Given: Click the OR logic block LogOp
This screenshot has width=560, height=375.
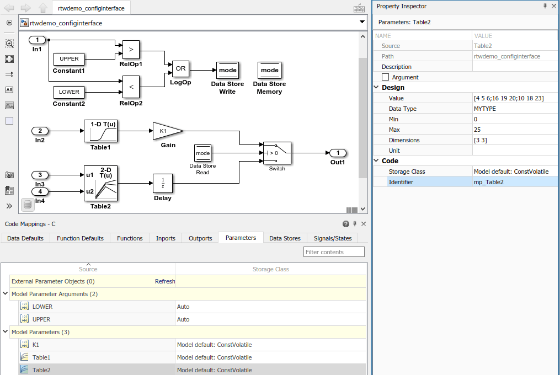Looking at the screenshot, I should (x=180, y=69).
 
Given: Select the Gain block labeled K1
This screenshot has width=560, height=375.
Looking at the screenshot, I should (x=166, y=131).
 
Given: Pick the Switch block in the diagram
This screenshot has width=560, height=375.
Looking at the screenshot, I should (x=277, y=153).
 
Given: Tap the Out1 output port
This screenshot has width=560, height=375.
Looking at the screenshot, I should (x=338, y=153).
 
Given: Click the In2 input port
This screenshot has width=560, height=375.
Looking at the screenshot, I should (x=40, y=131).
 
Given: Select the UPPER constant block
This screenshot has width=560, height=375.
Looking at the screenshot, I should (x=69, y=59).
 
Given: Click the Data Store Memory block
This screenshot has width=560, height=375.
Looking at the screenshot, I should (x=269, y=71).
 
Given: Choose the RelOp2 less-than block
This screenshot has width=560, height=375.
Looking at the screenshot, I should (x=131, y=87).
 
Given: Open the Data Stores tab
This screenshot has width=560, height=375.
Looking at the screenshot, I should (x=285, y=238).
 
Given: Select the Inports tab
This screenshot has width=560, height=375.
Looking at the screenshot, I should (x=166, y=238).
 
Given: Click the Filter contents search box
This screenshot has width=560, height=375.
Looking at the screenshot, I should (x=334, y=252).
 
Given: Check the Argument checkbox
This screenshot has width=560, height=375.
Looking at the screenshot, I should (x=385, y=77).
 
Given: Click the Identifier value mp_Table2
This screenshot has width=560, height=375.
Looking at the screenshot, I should (x=488, y=182).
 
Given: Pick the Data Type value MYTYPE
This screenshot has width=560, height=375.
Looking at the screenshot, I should (x=485, y=109).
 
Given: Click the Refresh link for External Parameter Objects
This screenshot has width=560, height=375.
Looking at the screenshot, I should (x=165, y=281).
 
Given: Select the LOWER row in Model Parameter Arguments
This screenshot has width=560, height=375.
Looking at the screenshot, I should (x=42, y=307).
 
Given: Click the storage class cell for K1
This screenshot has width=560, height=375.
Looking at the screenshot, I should (x=214, y=345).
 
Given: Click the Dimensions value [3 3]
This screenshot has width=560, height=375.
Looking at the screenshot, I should (x=480, y=140).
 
